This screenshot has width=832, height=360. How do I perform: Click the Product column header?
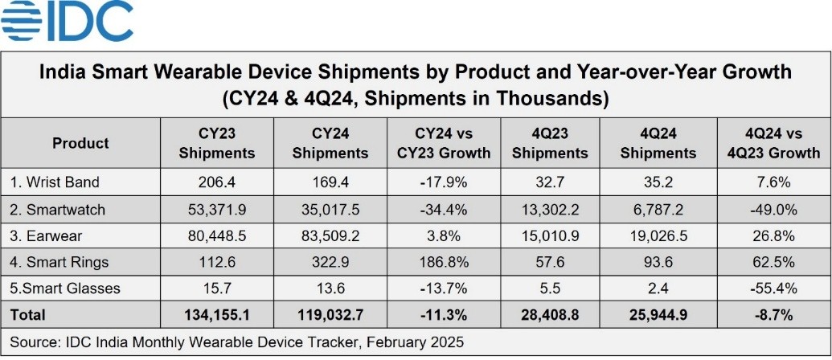(x=80, y=143)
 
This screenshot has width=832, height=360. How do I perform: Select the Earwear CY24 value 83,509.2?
(x=330, y=235)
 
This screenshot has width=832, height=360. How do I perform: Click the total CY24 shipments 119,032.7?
(x=330, y=314)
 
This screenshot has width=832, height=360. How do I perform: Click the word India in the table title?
(x=63, y=72)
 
